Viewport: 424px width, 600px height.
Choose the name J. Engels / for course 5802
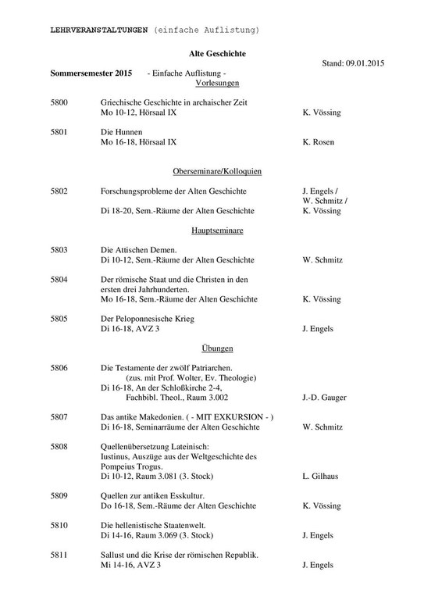click(319, 191)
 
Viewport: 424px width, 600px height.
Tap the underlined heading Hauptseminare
click(218, 230)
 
